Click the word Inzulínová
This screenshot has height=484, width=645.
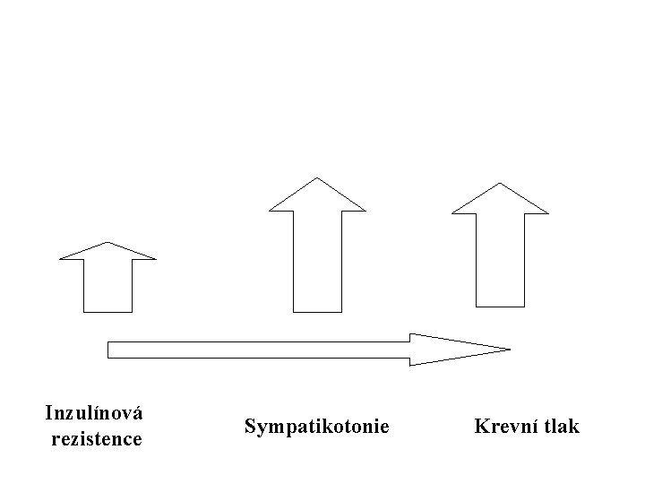pos(94,413)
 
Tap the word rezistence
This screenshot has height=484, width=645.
pos(97,438)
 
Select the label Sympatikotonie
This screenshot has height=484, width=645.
pos(317,427)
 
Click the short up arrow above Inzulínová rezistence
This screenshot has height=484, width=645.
pos(107,277)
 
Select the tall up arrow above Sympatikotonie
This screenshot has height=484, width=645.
pos(317,246)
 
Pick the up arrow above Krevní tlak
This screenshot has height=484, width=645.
pos(500,246)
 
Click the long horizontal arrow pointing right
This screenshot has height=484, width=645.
pos(309,350)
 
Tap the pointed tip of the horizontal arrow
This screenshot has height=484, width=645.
pos(510,350)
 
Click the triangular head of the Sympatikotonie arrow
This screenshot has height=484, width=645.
pos(317,197)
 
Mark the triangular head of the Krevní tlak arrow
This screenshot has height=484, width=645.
pos(500,202)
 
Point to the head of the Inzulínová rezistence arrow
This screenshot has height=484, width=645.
pos(107,253)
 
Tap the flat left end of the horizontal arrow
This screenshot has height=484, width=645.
pos(107,350)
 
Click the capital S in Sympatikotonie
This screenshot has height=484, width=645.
pos(252,426)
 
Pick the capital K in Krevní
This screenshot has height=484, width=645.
pos(483,426)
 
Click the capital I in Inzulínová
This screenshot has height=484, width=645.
pos(50,413)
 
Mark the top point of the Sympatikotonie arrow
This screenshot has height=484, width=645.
pos(317,177)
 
